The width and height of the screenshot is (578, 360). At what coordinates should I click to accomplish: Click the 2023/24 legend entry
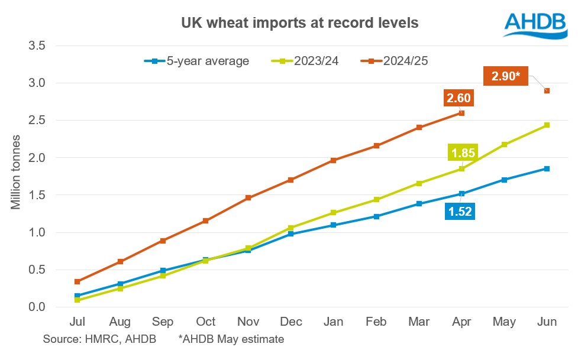pos(304,61)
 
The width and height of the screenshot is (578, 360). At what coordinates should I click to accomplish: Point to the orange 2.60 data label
pos(459,98)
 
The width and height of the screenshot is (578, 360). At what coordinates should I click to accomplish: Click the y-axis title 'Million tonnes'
pos(16,176)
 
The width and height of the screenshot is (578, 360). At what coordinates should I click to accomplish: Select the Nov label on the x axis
pos(248,322)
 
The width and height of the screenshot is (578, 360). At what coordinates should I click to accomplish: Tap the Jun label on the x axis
pos(547,322)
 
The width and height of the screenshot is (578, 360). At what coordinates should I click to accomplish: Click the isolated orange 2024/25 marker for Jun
pos(547,90)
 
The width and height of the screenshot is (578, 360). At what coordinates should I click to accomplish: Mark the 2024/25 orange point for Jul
pos(78,281)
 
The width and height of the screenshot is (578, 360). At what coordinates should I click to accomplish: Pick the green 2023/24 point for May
pos(505,144)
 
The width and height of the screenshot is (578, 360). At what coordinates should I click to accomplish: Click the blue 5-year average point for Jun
pos(547,168)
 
